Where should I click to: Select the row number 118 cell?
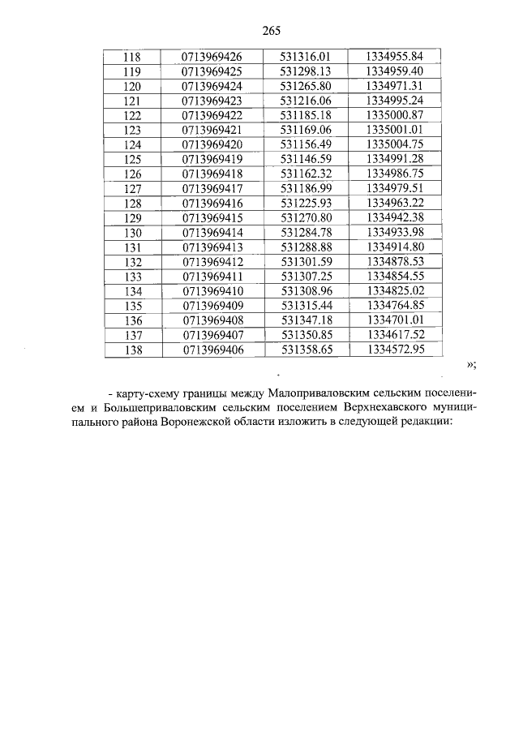pos(131,56)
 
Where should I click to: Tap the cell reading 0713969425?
pos(212,71)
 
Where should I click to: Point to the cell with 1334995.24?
pos(395,101)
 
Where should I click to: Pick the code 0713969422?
pos(212,115)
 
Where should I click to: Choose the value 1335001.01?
pos(395,130)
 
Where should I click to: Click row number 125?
pos(131,159)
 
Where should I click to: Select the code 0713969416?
pos(212,203)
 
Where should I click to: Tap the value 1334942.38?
pos(395,217)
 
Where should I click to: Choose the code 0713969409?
pos(212,306)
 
